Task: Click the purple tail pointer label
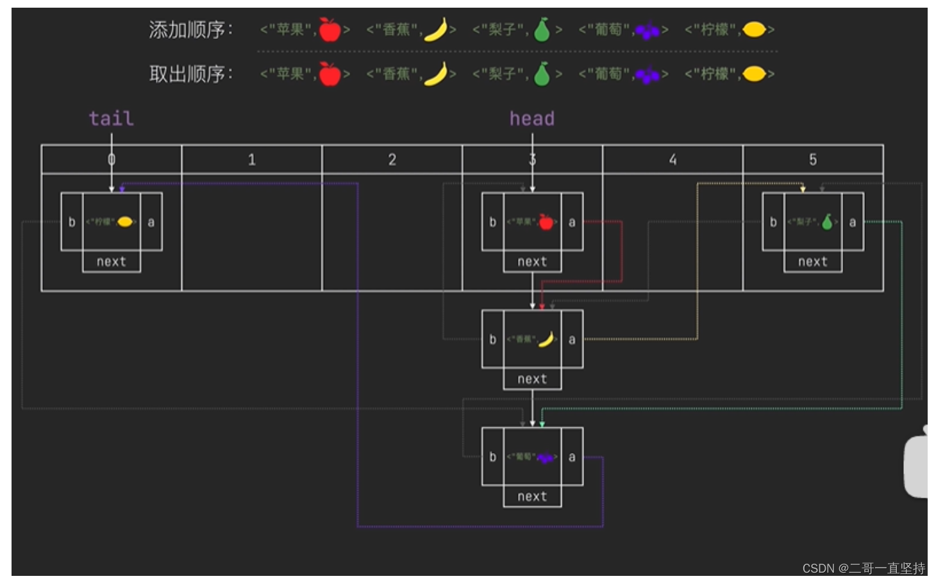tap(111, 119)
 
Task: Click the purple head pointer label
tap(531, 119)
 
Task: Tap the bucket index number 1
tap(251, 160)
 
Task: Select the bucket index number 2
tap(392, 160)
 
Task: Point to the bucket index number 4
tap(673, 160)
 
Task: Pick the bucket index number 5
tap(812, 160)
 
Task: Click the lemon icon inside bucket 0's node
tap(125, 222)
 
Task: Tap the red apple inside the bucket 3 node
tap(546, 222)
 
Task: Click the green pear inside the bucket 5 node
tap(827, 222)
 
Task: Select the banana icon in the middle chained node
tap(546, 339)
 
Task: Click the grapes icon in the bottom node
tap(545, 457)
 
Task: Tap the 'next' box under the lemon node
tap(112, 261)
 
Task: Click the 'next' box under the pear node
tap(812, 261)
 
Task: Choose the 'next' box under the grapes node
tap(532, 496)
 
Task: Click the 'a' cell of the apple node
tap(572, 222)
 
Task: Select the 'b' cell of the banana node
tap(492, 339)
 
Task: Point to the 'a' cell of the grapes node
tap(572, 457)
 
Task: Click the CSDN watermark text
tap(863, 568)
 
